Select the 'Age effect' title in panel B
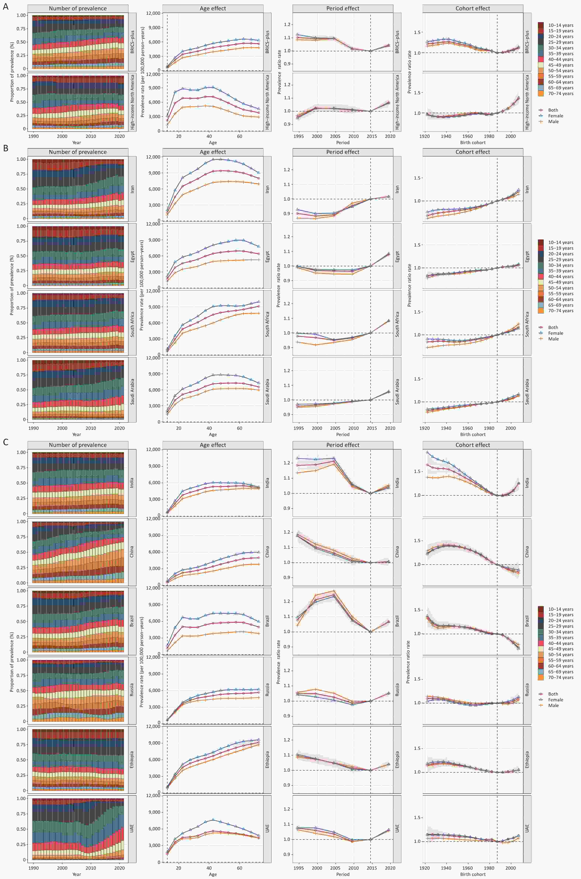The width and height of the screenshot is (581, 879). [x=213, y=152]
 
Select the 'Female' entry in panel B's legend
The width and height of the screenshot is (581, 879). [x=555, y=333]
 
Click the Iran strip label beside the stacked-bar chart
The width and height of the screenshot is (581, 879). [x=132, y=189]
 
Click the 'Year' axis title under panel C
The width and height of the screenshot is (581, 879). [x=77, y=874]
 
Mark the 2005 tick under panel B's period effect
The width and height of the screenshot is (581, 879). [x=335, y=428]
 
